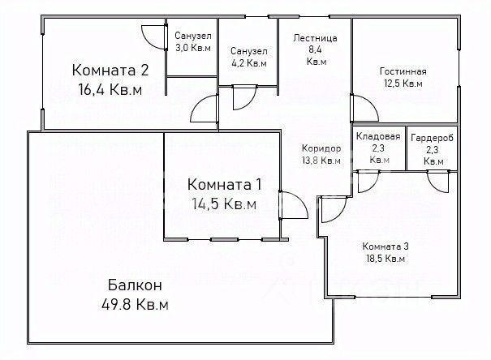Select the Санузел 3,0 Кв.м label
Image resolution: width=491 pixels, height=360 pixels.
pyautogui.click(x=192, y=41)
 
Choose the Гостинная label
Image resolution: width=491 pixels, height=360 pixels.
pyautogui.click(x=403, y=71)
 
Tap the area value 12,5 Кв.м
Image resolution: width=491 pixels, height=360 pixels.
pyautogui.click(x=403, y=84)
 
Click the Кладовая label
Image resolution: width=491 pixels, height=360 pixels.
pyautogui.click(x=378, y=136)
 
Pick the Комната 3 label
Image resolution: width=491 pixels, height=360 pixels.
pyautogui.click(x=385, y=246)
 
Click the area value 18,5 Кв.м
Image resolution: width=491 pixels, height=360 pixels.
pyautogui.click(x=385, y=259)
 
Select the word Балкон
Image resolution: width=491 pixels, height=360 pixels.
pyautogui.click(x=135, y=285)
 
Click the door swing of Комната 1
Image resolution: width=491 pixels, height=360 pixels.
pyautogui.click(x=293, y=205)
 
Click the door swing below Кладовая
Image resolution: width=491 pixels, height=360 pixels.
pyautogui.click(x=368, y=182)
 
